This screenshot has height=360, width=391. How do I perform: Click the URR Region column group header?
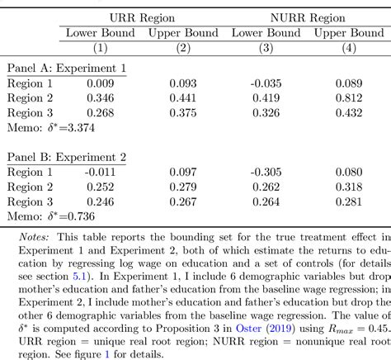point(138,16)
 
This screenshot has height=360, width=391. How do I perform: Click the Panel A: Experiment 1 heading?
point(66,69)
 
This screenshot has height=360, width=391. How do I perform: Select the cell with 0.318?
point(348,187)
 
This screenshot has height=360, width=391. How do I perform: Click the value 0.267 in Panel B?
point(183,201)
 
